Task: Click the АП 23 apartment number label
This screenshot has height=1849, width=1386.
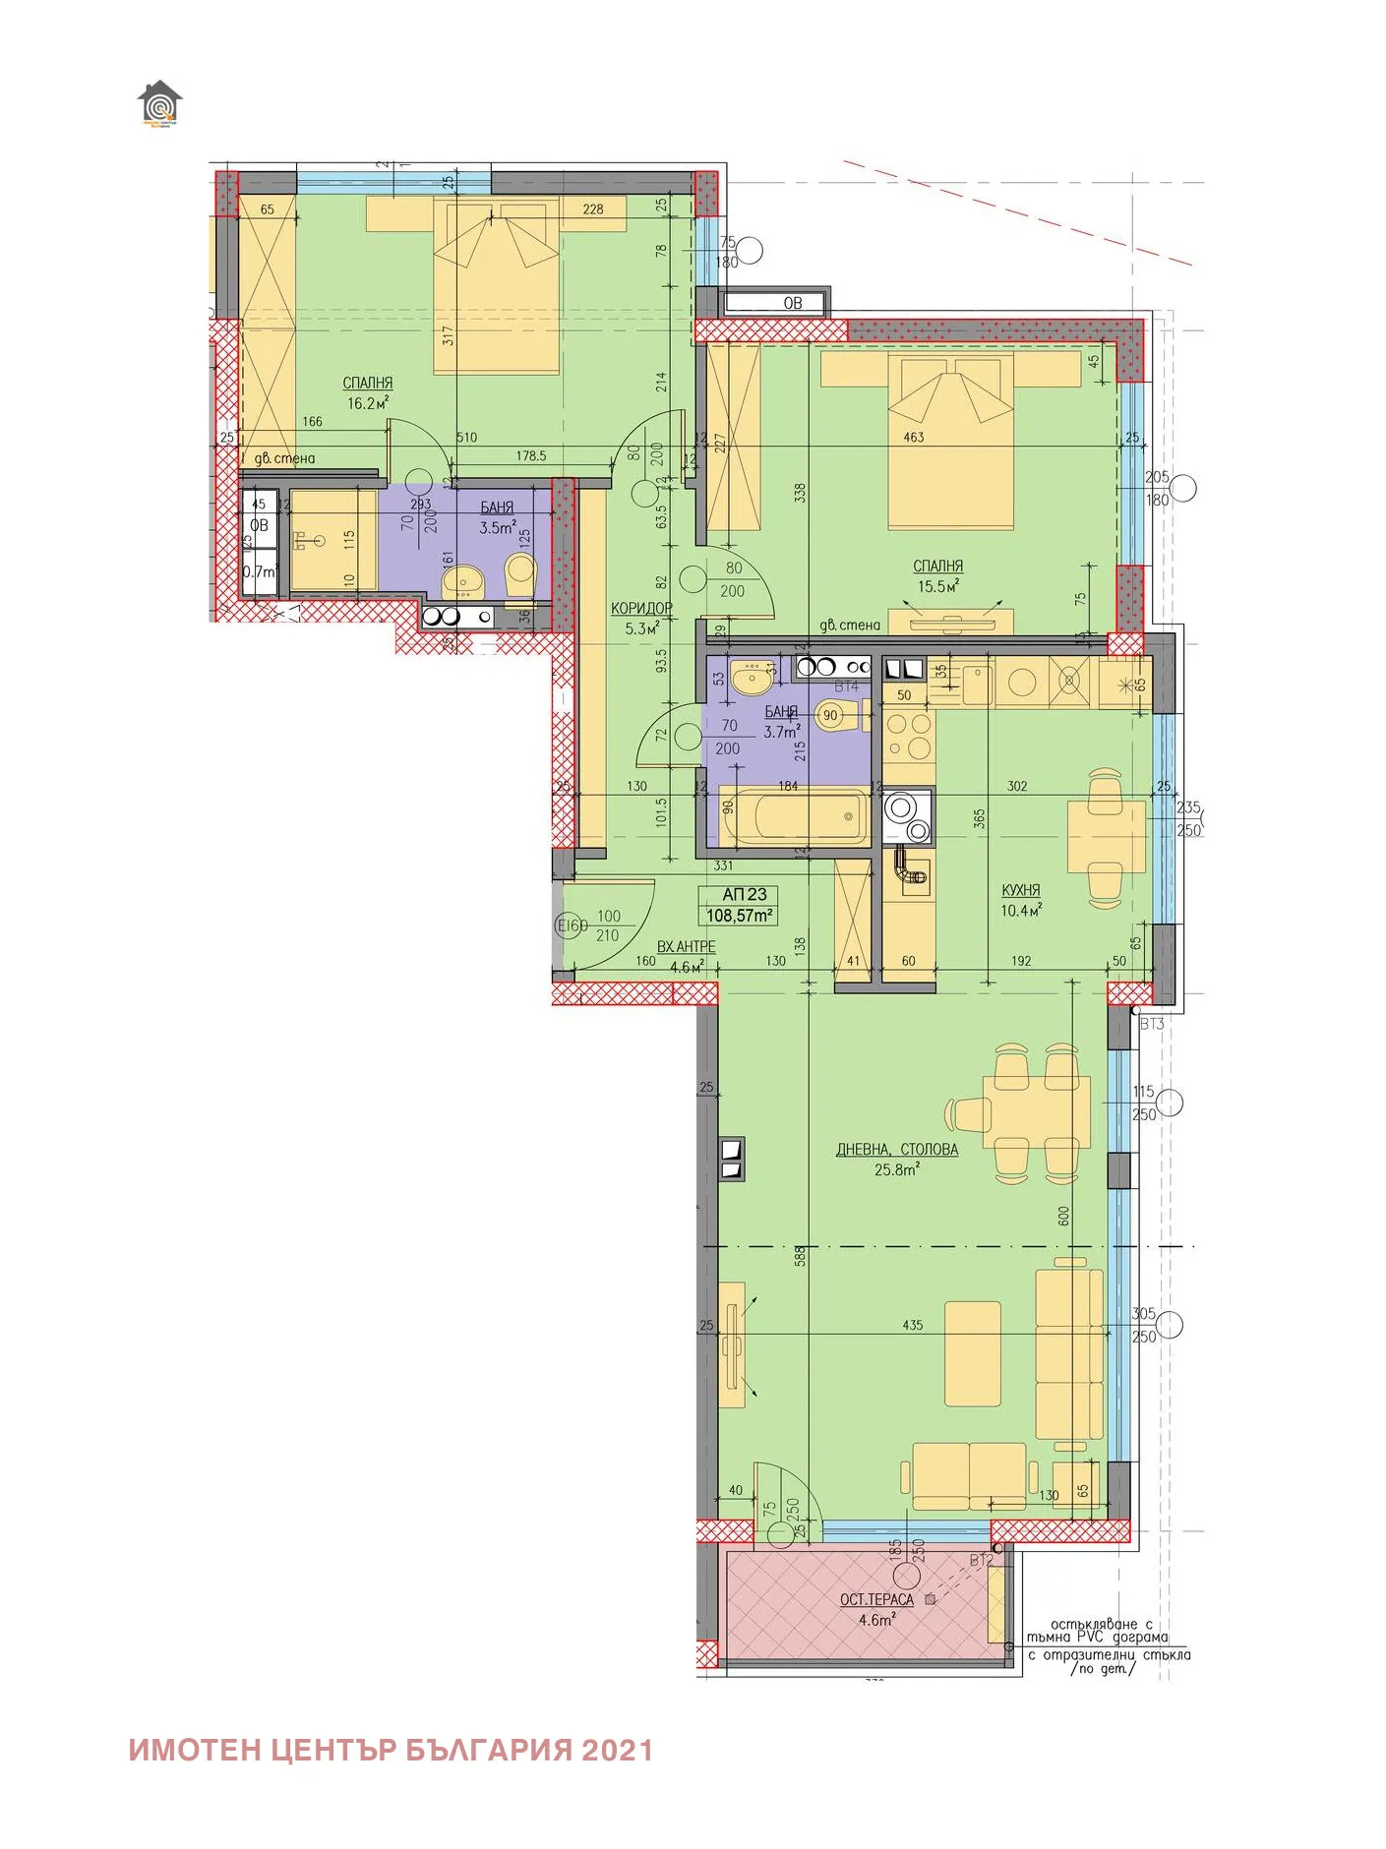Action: click(x=744, y=894)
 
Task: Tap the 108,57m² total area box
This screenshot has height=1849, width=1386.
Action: click(x=740, y=916)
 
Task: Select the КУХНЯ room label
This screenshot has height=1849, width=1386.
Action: click(x=1020, y=890)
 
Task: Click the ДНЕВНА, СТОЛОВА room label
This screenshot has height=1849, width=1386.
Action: click(x=896, y=1149)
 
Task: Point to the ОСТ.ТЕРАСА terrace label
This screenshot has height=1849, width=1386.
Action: click(x=876, y=1600)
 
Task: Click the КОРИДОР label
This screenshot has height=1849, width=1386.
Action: click(x=641, y=608)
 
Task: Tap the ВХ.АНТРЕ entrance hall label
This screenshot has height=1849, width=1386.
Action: click(x=686, y=946)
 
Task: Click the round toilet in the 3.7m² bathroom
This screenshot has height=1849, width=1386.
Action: click(x=832, y=715)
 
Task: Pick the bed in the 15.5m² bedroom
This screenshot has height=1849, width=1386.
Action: click(x=950, y=443)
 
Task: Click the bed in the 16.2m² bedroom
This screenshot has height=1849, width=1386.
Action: click(x=496, y=285)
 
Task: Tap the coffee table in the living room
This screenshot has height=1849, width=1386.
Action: click(x=972, y=1353)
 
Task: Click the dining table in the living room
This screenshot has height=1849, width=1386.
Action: click(x=1037, y=1114)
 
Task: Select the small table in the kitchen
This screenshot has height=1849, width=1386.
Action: click(x=1107, y=836)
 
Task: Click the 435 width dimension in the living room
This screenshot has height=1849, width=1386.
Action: click(x=912, y=1325)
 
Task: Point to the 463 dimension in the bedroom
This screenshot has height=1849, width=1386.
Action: click(x=914, y=437)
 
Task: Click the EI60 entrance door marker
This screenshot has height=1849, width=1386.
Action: click(x=572, y=924)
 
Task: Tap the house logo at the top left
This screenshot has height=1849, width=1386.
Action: click(x=159, y=103)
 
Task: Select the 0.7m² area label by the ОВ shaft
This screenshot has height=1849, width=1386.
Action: click(x=260, y=571)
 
